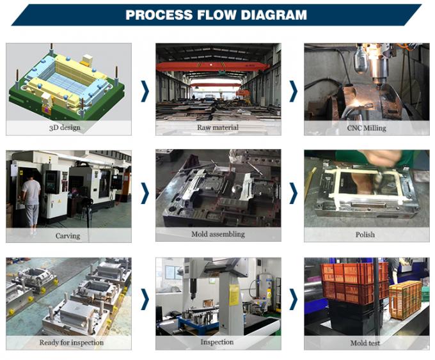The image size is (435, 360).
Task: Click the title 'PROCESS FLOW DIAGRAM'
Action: (x=216, y=15)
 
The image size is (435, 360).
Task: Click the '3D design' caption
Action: (x=65, y=128)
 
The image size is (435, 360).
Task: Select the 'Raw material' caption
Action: (x=217, y=127)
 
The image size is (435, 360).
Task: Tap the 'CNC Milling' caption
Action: (x=367, y=128)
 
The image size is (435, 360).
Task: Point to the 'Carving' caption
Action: (x=68, y=236)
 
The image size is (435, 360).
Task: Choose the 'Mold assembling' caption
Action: (x=218, y=234)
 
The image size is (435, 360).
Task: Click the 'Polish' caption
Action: (x=365, y=235)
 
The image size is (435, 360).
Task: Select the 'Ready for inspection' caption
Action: (x=72, y=343)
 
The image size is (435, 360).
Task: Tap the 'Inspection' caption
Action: (x=217, y=342)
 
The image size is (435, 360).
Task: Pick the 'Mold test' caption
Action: (x=365, y=343)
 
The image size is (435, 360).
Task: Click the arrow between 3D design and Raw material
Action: (x=145, y=91)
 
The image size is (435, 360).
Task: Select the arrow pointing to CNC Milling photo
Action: (x=293, y=91)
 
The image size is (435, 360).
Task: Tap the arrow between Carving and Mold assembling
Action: (x=145, y=193)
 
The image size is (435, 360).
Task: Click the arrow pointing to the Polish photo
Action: (x=293, y=193)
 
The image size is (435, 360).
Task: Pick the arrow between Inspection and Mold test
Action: (x=293, y=299)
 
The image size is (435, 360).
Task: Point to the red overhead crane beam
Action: (x=212, y=67)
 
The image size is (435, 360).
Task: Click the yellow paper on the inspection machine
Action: (x=234, y=295)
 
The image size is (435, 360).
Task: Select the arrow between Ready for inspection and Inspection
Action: (x=145, y=299)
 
